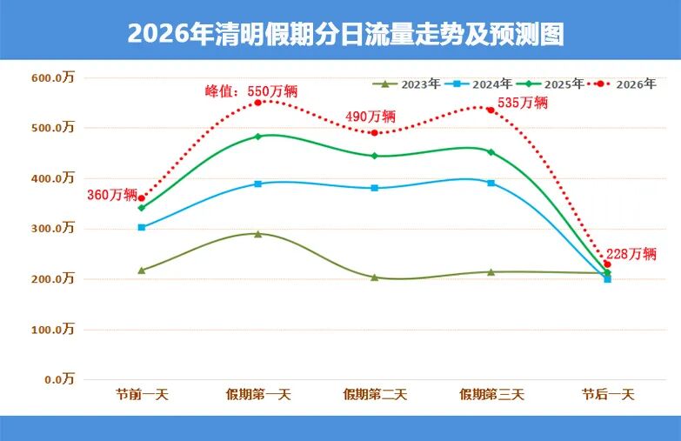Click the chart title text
[345, 34]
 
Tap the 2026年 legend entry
[620, 84]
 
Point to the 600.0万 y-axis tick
[54, 77]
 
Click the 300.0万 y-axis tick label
[54, 229]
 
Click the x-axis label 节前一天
[142, 394]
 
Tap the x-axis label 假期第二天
[375, 394]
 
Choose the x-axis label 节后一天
[608, 394]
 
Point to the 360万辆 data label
[112, 194]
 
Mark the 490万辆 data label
[371, 116]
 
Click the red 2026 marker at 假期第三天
[491, 110]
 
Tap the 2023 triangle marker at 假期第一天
[258, 233]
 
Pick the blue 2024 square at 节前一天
[142, 227]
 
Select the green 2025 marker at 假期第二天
[375, 156]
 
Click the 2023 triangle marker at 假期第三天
[491, 271]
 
